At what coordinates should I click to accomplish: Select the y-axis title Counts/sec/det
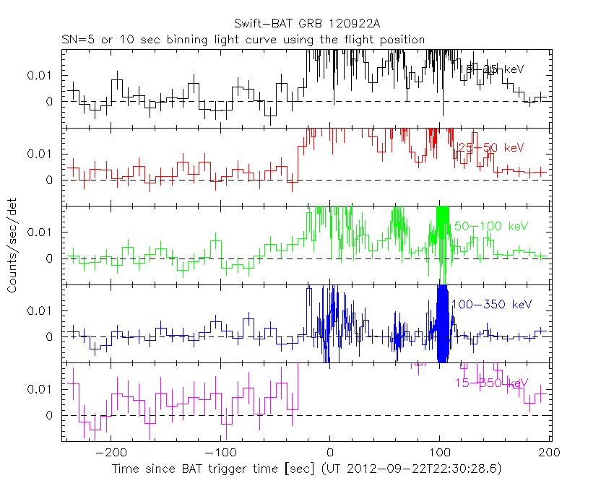point(13,247)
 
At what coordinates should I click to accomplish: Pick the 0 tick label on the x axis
point(329,455)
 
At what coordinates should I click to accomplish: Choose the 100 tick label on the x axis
point(439,455)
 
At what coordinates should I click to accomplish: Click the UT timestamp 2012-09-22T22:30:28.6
point(414,469)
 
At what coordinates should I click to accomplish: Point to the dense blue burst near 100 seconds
point(442,325)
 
